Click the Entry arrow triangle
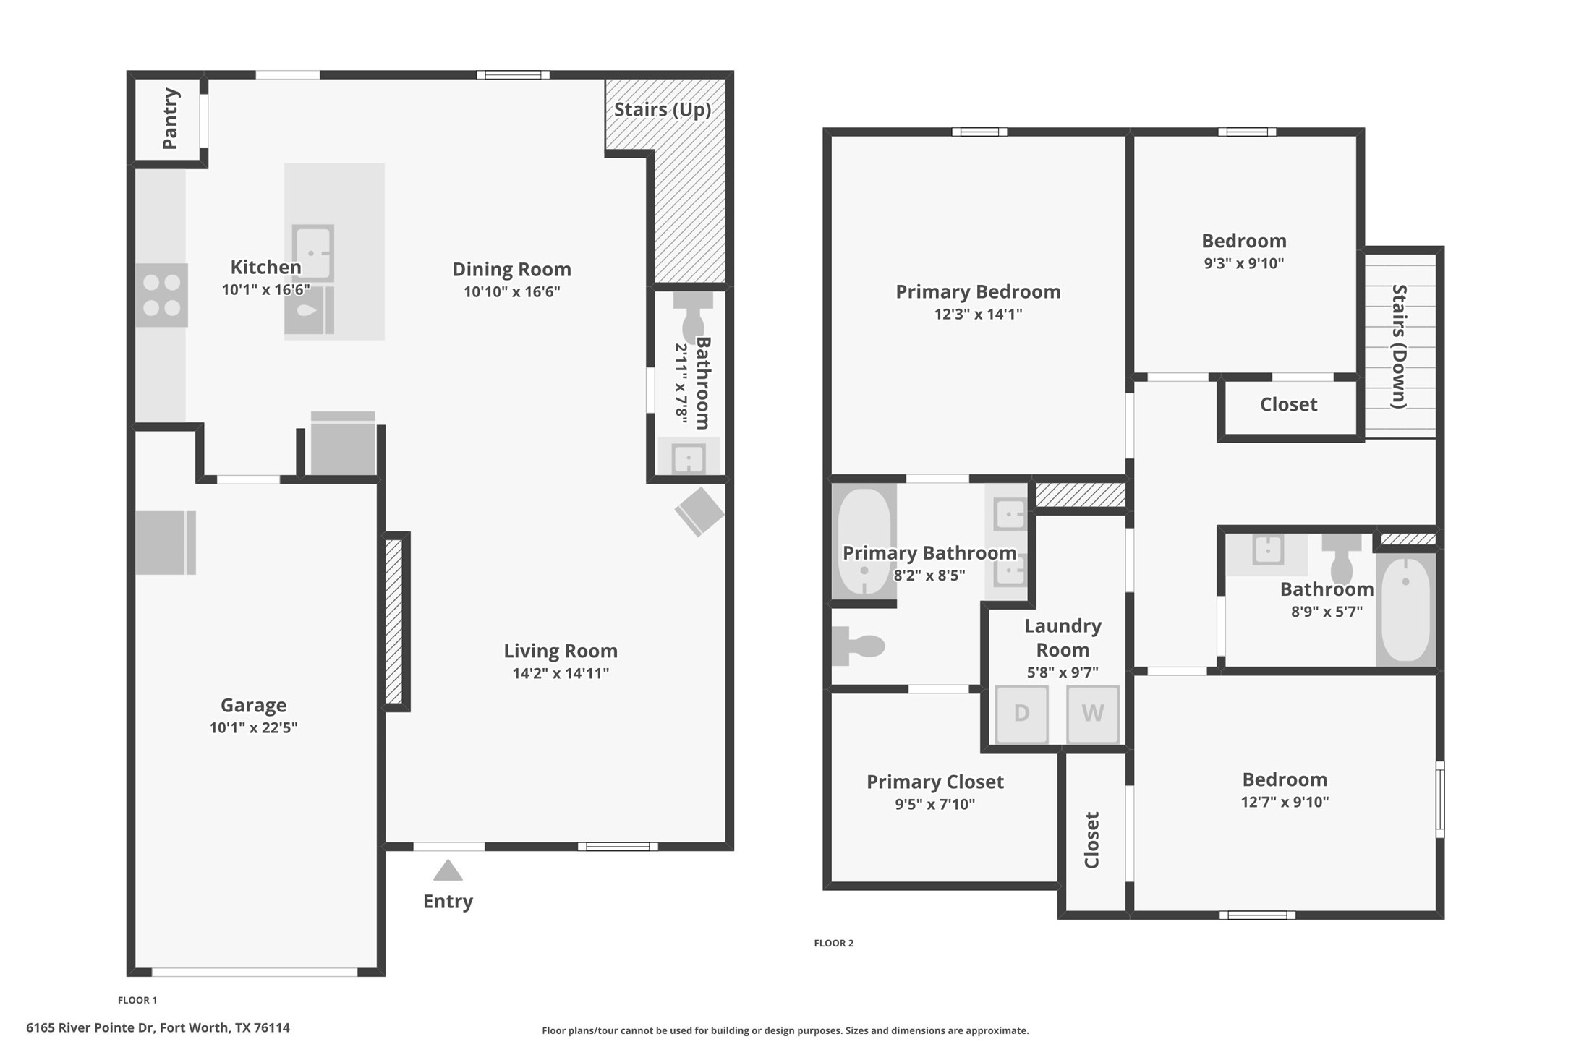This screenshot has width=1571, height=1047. coord(448,871)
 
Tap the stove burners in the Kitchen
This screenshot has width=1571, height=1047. coord(161,295)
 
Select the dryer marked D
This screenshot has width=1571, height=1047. coord(1021,714)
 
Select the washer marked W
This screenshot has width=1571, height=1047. coord(1092,714)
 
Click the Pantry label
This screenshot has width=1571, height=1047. coord(171,119)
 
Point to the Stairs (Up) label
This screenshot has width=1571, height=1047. coord(663,110)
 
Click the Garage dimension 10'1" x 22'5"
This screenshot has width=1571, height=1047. coord(253,727)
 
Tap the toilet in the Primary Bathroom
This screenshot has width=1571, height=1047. coord(861,646)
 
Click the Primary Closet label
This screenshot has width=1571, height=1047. coord(934,782)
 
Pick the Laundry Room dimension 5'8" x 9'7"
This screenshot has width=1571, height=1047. coord(1063,672)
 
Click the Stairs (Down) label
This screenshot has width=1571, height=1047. coord(1399,346)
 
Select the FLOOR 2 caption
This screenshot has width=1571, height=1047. coord(833,943)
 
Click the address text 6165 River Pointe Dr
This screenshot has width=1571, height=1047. coord(158,1027)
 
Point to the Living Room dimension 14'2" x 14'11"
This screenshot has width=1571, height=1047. coord(561,673)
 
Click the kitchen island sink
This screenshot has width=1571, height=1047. coord(312,252)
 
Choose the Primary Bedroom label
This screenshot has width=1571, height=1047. coord(978,291)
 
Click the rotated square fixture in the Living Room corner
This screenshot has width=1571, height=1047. coord(699,512)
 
